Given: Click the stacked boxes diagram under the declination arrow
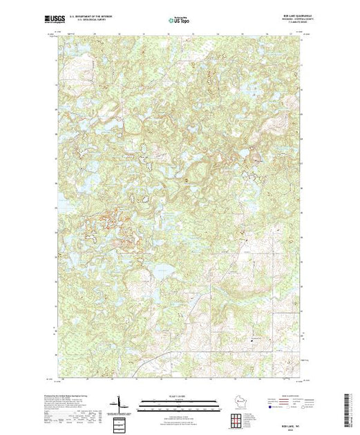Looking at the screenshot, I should point(120,421).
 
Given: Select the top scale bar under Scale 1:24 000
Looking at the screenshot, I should point(178,400).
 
